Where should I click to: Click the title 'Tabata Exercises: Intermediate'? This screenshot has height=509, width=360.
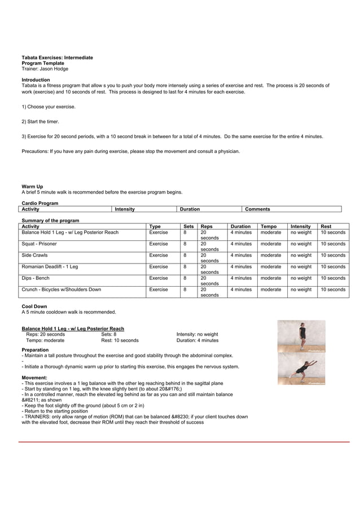point(57,58)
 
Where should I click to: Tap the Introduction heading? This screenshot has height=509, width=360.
point(36,80)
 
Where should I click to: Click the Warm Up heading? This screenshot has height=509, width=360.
point(32,186)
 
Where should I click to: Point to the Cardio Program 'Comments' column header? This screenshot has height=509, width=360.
point(257,209)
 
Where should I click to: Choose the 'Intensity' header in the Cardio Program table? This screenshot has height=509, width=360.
point(125,209)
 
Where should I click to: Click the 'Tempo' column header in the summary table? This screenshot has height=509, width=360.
point(269,226)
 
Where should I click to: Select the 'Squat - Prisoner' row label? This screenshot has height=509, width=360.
point(39,244)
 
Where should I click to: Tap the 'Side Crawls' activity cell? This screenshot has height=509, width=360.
point(34,255)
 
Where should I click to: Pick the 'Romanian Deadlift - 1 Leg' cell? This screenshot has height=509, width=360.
point(50,266)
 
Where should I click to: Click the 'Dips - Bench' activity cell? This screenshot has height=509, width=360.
point(36,278)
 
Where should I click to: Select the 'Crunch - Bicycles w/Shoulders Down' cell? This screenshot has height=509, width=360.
point(62,289)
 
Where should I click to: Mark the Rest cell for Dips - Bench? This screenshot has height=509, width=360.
point(333,278)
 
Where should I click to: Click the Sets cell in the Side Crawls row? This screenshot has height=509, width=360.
point(185,255)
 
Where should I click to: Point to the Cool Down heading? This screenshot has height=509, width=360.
point(34,306)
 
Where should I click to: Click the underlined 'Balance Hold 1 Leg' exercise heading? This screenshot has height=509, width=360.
point(73,328)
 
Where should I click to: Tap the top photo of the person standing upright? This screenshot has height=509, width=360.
point(301,336)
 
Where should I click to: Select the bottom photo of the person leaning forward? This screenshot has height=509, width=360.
point(301,369)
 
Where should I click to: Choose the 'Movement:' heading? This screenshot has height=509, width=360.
point(34,378)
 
